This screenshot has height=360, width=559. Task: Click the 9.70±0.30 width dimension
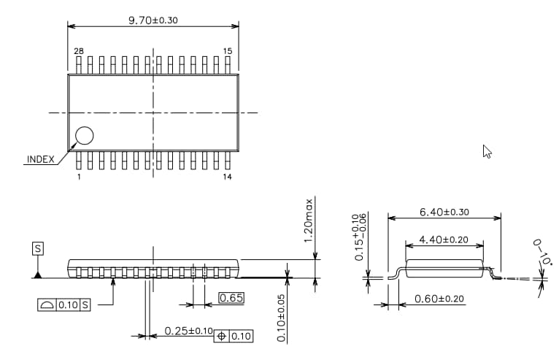[x=153, y=20]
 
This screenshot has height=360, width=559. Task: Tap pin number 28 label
[x=78, y=51]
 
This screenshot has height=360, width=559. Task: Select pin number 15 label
[x=228, y=51]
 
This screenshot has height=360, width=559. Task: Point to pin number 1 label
[x=78, y=177]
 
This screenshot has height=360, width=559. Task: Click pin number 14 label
[x=228, y=177]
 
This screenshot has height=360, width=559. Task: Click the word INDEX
[x=40, y=159]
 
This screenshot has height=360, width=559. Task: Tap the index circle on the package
[x=85, y=136]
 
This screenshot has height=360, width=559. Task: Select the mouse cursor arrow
[x=487, y=151]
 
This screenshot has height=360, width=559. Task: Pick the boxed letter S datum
[x=38, y=249]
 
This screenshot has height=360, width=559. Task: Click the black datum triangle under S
[x=37, y=274]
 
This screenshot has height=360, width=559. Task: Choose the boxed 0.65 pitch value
[x=231, y=298]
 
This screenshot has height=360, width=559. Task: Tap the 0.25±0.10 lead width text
[x=188, y=331]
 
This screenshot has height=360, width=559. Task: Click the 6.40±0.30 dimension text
[x=444, y=212]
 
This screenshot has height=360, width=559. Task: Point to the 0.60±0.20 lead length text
[x=439, y=299]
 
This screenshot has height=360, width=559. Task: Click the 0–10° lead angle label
[x=543, y=251]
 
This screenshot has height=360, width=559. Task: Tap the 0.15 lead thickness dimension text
[x=359, y=238]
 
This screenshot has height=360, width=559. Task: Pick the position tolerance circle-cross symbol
[x=222, y=336]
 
